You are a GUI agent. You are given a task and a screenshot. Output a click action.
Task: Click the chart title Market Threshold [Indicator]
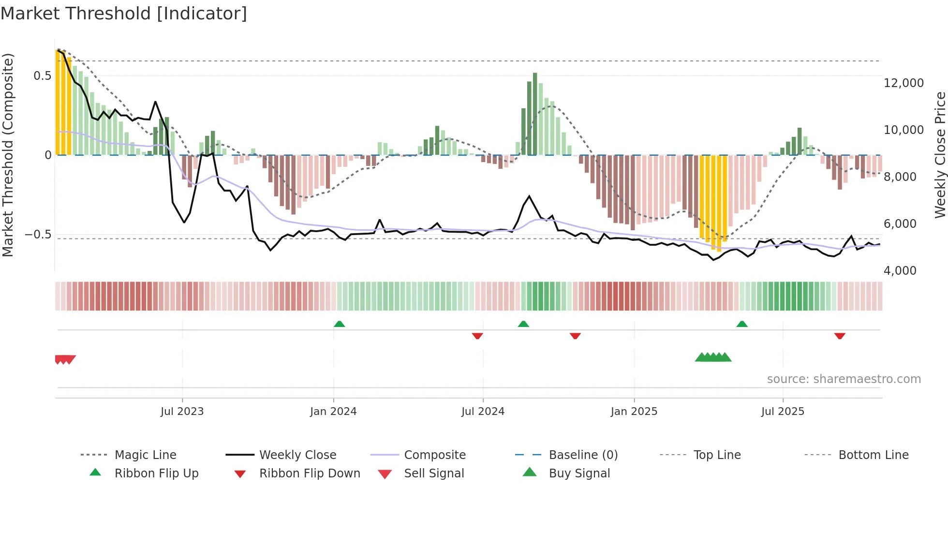point(124,14)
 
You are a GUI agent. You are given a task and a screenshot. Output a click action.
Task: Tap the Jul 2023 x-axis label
point(182,412)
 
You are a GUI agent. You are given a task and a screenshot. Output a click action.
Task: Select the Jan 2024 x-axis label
point(333,412)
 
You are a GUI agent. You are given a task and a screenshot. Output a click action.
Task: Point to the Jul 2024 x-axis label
point(483,412)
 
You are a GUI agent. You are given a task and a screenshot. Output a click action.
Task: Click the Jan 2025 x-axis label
point(634,412)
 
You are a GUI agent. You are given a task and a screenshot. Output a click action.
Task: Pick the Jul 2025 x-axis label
point(783,412)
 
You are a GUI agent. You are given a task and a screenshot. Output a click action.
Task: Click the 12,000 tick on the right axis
point(904,83)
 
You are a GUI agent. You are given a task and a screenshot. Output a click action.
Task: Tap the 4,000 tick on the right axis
point(900,271)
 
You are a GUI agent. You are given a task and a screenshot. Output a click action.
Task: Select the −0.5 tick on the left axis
point(38,235)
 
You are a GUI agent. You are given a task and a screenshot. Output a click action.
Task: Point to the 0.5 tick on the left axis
point(43,76)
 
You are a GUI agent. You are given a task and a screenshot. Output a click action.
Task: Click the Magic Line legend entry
point(145,455)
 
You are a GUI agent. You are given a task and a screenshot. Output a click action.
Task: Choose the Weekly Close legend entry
point(297,455)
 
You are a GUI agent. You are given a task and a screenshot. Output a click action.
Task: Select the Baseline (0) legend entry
point(583,455)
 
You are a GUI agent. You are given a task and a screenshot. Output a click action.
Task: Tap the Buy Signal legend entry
point(579,474)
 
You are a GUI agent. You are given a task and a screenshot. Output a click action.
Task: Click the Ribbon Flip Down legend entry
point(310,474)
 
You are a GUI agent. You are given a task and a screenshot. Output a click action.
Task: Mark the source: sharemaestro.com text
point(844,379)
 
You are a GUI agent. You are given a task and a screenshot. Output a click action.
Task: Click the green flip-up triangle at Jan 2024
point(339,324)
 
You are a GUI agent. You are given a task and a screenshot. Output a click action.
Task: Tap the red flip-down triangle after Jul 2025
point(840,336)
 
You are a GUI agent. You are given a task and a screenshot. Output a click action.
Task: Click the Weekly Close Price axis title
point(940,155)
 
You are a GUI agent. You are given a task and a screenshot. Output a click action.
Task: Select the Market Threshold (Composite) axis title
point(8,155)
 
